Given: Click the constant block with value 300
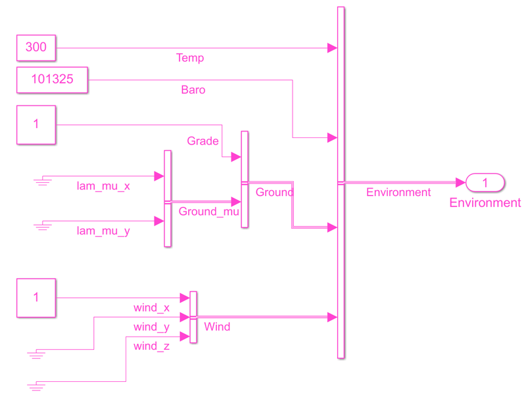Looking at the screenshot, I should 36,47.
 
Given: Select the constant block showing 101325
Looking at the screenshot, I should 52,80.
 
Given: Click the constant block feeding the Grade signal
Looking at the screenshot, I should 36,124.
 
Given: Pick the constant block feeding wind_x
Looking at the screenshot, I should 36,298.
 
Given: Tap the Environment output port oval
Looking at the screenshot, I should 485,182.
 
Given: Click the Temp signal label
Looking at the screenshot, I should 190,58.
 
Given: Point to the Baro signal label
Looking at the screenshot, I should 193,89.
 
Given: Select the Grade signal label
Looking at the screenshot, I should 203,141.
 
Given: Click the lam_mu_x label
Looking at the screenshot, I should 103,186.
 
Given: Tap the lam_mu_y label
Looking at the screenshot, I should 103,231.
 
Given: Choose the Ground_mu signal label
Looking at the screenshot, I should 208,212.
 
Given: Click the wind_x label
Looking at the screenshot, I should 151,308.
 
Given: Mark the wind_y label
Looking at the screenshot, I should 151,327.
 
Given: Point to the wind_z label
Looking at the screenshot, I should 151,346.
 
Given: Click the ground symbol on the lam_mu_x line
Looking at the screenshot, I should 43,180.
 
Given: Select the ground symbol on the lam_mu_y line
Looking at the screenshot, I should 43,226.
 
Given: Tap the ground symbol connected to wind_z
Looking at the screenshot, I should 37,386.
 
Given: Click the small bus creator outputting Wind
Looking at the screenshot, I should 193,317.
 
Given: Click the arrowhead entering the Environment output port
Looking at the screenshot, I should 461,182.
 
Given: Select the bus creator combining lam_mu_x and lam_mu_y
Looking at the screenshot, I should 168,199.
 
